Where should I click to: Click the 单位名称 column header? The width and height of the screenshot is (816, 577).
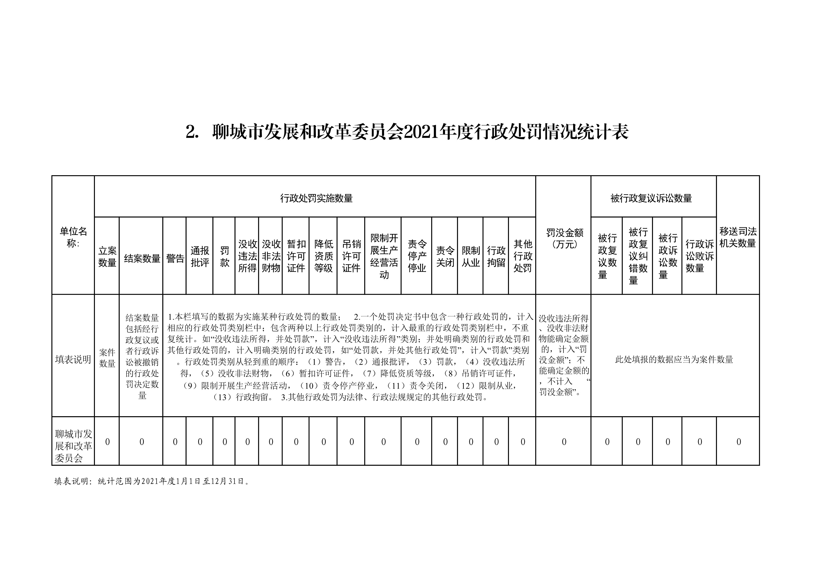pos(73,237)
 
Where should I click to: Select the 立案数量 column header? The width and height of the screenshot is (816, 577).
pos(107,257)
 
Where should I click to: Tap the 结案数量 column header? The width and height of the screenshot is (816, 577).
pos(142,258)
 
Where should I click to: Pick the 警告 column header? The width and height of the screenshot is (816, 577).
pos(175,258)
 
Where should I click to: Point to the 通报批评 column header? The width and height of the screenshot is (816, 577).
pos(200,257)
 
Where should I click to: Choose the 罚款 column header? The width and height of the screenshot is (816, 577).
pos(224,257)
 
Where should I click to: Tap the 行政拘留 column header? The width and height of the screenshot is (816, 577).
pos(496,257)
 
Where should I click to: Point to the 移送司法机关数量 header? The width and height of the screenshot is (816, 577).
pos(738,237)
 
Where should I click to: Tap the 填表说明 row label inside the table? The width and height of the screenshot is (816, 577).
pos(73,359)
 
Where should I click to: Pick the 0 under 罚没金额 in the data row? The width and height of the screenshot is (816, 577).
pos(564,442)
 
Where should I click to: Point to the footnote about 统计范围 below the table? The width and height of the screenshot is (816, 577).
pos(152,481)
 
